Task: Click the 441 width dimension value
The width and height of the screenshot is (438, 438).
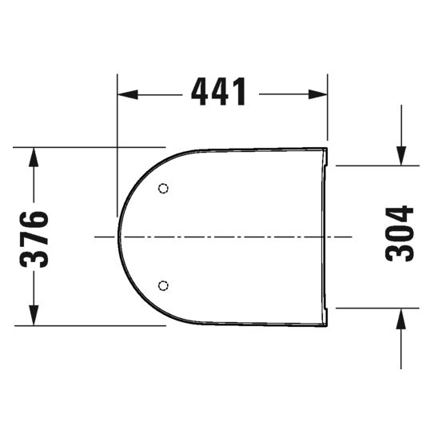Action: pos(219,94)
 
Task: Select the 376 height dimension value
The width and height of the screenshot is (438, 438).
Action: pos(34,237)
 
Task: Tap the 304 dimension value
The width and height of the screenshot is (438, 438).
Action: pos(400,233)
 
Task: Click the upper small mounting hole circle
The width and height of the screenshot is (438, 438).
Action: pos(163,189)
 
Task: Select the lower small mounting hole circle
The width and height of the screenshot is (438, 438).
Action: pos(163,285)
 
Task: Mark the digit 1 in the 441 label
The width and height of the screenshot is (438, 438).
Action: pos(237,94)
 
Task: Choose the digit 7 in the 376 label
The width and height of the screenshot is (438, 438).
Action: pos(34,237)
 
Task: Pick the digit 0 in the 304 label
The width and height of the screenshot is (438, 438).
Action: pos(400,233)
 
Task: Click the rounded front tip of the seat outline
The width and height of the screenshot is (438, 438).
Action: pos(119,237)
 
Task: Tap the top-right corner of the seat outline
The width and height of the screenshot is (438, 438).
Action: pos(327,149)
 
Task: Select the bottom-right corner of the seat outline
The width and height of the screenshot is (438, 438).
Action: pos(327,325)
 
